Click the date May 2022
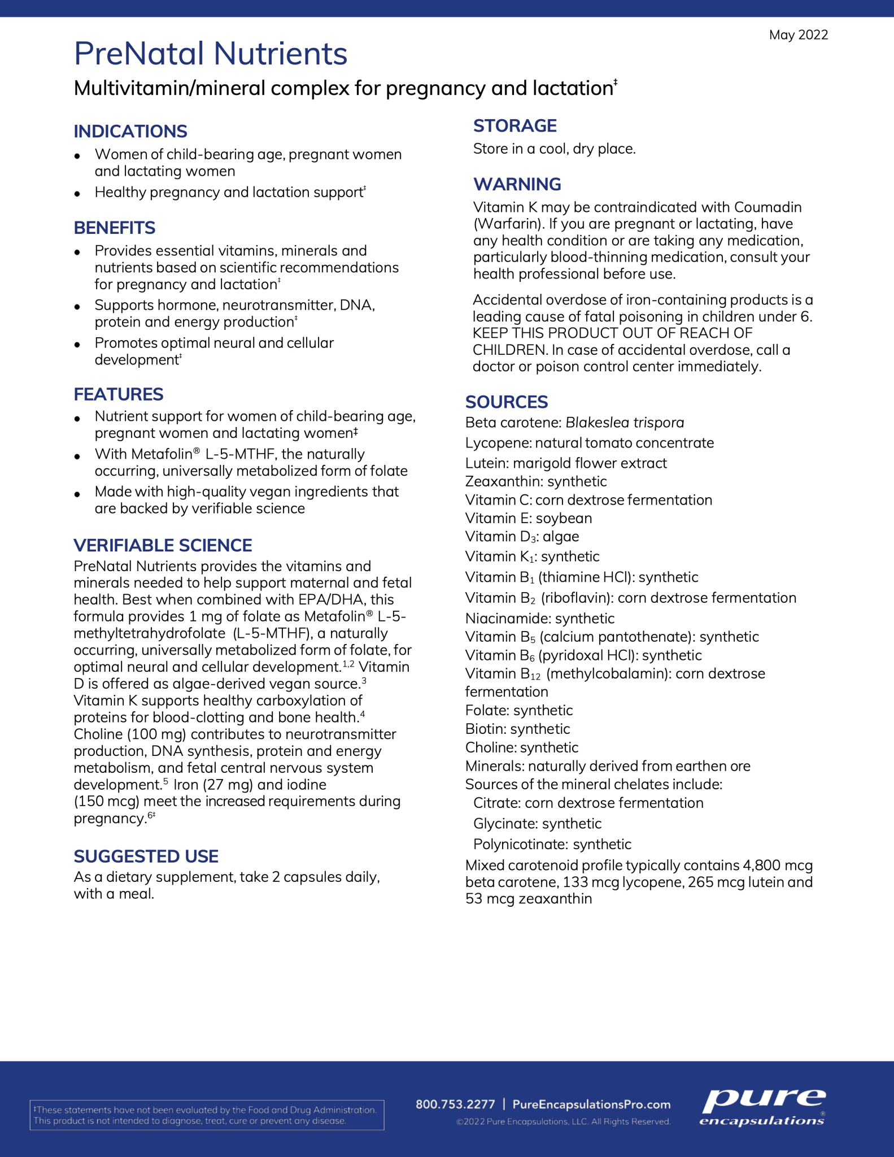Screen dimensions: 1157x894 pos(798,35)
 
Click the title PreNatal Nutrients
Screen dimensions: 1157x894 pos(211,54)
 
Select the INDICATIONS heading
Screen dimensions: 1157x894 pos(130,131)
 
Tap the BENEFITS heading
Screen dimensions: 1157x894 pos(115,228)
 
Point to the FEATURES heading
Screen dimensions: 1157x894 pos(119,394)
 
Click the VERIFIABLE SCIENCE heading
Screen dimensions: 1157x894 pos(163,545)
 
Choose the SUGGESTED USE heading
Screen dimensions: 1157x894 pos(146,856)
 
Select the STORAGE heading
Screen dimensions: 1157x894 pos(515,125)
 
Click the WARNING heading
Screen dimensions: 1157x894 pos(517,184)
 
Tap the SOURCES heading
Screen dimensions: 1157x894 pos(507,402)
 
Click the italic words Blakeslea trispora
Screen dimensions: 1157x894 pos(625,423)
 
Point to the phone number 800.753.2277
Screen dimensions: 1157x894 pos(455,1104)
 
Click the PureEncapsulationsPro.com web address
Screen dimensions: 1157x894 pos(591,1104)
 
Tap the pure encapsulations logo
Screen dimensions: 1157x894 pos(763,1107)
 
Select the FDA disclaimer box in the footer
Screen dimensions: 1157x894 pos(207,1115)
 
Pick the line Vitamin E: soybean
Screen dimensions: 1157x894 pos(529,518)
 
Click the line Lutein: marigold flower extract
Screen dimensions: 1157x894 pos(566,463)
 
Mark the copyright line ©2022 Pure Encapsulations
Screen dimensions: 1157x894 pos(564,1121)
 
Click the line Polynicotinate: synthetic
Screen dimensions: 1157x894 pos(552,844)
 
